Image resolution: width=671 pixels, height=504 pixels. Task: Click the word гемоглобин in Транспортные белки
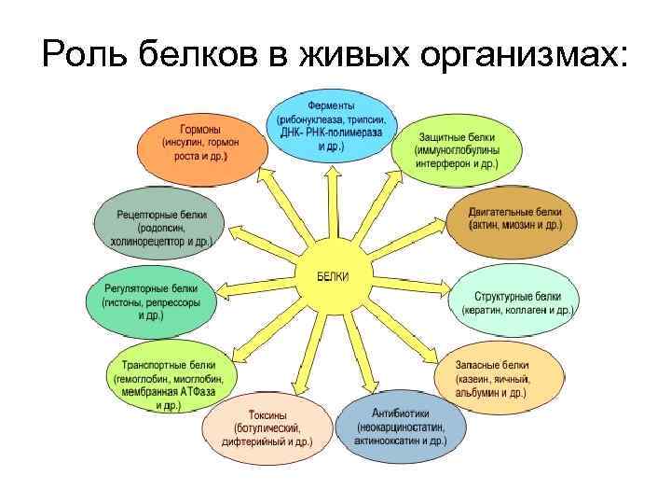coord(144,381)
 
